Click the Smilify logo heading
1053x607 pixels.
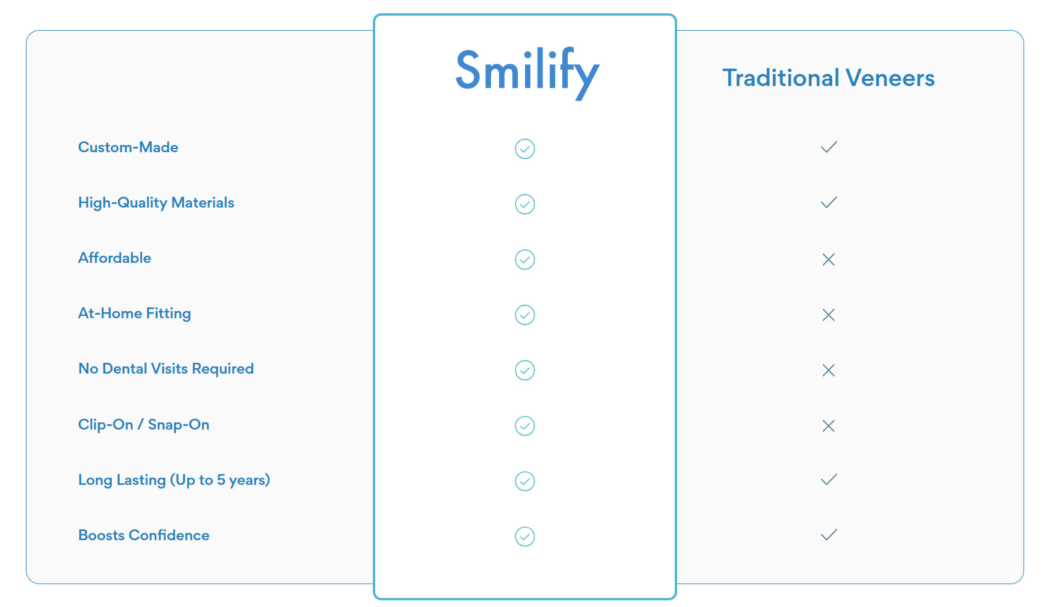coord(527,73)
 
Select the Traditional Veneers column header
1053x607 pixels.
coord(829,78)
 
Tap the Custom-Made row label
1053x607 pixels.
coord(128,147)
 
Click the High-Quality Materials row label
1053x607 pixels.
coord(156,203)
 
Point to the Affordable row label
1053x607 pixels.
coord(115,258)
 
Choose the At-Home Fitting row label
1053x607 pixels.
coord(135,313)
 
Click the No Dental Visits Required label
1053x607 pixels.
coord(166,369)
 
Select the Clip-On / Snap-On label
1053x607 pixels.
coord(144,425)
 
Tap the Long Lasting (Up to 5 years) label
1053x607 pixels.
coord(174,480)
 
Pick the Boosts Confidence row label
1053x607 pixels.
coord(144,535)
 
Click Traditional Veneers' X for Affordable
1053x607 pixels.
coord(829,259)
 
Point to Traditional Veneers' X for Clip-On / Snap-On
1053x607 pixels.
coord(829,426)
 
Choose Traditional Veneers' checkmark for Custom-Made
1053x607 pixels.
coord(829,147)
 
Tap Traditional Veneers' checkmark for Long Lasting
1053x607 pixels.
coord(829,479)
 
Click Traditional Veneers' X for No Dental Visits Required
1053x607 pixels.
coord(829,370)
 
